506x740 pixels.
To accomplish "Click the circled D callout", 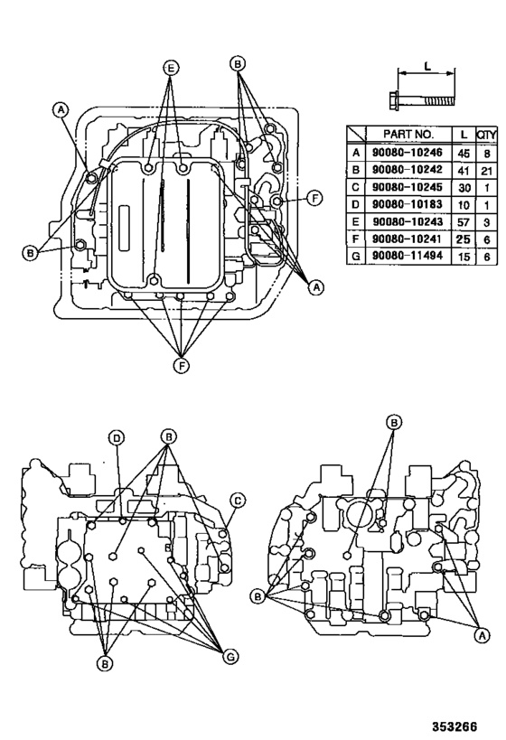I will (117, 438).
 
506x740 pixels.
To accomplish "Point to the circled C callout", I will (238, 499).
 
